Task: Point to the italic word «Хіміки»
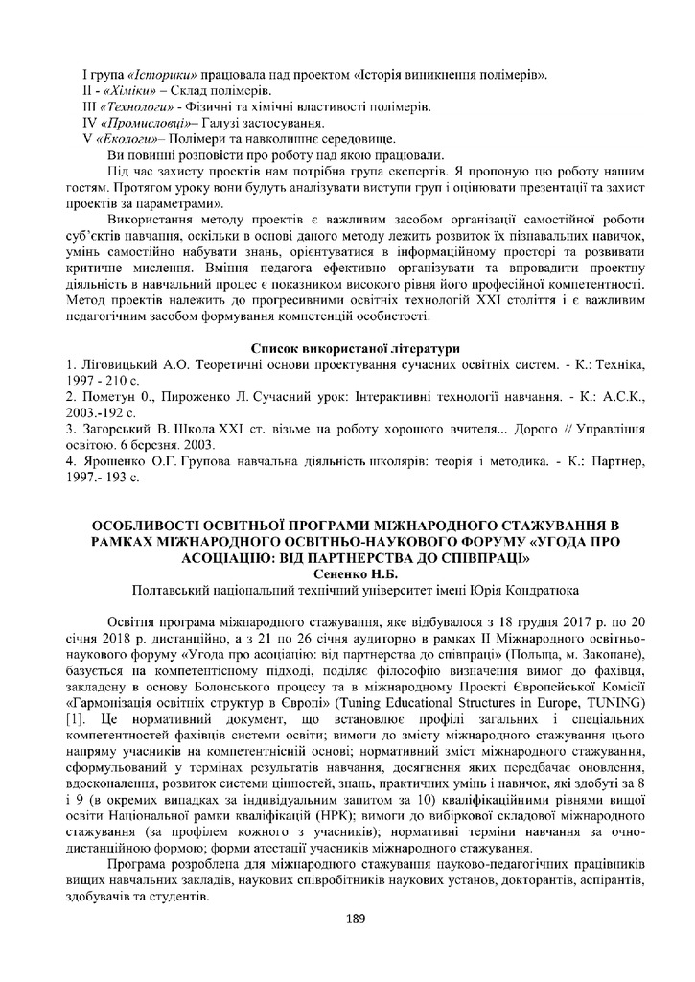click(120, 90)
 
